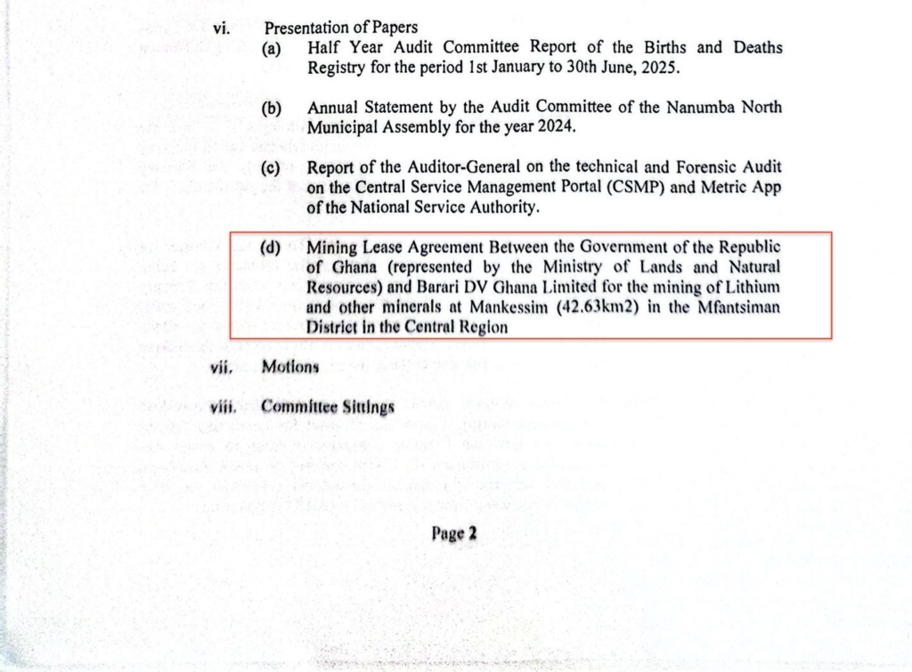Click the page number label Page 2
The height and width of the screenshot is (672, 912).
pos(454,534)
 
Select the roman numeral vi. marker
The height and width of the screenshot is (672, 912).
pos(221,28)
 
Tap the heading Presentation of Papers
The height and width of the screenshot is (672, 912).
pos(340,28)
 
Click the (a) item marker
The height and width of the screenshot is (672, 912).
pos(272,49)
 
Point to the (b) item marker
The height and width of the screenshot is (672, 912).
pos(272,109)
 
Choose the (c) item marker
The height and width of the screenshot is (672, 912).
pos(272,168)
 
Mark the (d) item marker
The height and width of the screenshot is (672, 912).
pos(271,247)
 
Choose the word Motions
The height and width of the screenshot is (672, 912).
pos(290,368)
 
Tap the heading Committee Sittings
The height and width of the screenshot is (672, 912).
pos(328,408)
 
